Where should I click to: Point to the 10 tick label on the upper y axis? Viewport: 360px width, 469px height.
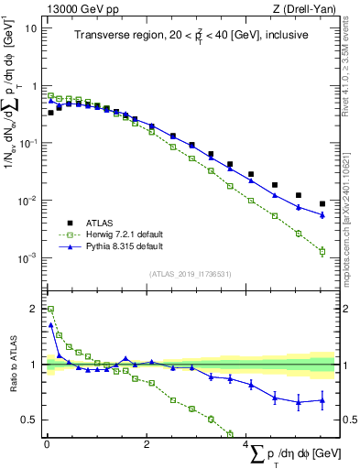[31, 28]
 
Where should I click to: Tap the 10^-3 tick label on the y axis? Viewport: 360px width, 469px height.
[27, 258]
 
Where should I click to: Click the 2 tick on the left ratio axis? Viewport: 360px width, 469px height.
[34, 309]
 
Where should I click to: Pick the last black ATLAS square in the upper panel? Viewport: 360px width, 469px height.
[322, 203]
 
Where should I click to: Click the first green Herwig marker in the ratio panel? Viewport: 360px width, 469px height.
[50, 310]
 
